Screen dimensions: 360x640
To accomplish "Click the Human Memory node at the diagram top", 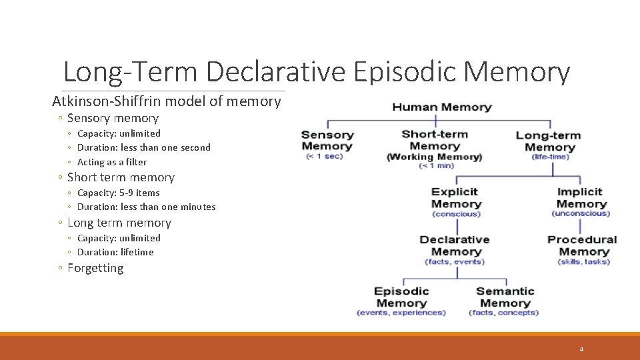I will [x=441, y=107].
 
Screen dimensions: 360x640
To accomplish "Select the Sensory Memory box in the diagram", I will [x=327, y=141].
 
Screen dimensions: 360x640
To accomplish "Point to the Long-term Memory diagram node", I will [x=549, y=141].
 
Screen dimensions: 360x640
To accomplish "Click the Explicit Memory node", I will [x=456, y=198].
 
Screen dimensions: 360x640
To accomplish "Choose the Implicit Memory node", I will [x=580, y=198].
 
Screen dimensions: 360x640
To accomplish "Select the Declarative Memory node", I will [x=455, y=245].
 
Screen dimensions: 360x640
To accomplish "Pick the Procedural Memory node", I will [x=583, y=245].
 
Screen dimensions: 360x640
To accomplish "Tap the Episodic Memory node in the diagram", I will [x=401, y=297].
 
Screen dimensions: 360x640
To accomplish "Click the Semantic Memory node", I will [x=505, y=297].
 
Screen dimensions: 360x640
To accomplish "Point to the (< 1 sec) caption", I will [x=324, y=157].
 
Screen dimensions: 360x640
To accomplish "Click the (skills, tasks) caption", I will [x=584, y=262].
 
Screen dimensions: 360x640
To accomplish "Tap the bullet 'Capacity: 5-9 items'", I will [x=119, y=193].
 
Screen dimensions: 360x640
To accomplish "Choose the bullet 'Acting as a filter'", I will [x=112, y=162].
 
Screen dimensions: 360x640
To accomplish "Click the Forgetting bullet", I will [x=95, y=268].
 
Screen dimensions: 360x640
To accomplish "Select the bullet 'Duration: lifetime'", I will [x=115, y=252].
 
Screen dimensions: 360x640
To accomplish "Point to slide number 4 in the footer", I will [x=581, y=349].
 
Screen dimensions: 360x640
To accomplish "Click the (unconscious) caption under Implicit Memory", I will [x=581, y=213].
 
